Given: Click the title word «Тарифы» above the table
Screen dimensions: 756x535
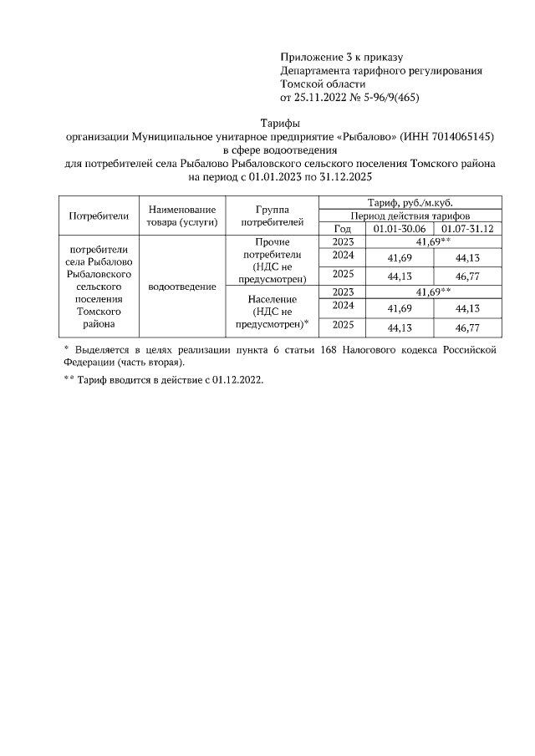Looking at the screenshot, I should pyautogui.click(x=280, y=122).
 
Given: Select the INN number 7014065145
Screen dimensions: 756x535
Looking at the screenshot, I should pyautogui.click(x=464, y=136).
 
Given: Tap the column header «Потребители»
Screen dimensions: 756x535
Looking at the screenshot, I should pyautogui.click(x=99, y=216).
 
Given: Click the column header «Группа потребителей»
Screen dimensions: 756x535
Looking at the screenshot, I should pyautogui.click(x=272, y=216).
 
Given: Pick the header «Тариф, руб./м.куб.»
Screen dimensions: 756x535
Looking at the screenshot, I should pyautogui.click(x=410, y=203).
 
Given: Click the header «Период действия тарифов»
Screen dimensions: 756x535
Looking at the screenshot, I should pyautogui.click(x=410, y=216).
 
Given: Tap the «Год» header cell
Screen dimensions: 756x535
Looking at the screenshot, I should pyautogui.click(x=343, y=228).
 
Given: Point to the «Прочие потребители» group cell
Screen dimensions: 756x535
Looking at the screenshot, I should pyautogui.click(x=272, y=260).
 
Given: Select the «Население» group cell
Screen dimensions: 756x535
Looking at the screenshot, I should pyautogui.click(x=272, y=311).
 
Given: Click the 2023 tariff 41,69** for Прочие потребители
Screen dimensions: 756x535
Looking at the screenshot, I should pyautogui.click(x=433, y=241).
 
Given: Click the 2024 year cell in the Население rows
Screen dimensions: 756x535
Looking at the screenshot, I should pyautogui.click(x=344, y=306).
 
